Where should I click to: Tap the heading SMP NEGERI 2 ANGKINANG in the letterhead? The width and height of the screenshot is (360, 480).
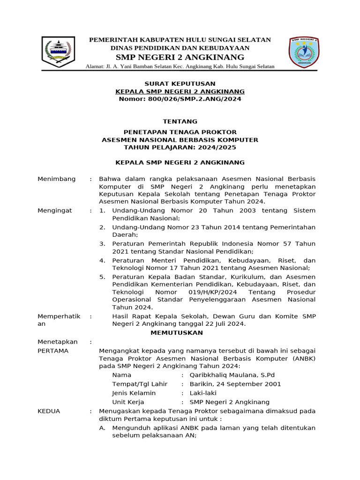tap(180, 58)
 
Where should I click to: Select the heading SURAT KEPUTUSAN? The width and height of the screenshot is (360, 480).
tap(180, 83)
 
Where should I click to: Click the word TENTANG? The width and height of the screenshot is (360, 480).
tap(180, 121)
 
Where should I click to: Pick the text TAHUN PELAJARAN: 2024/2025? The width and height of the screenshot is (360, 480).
tap(180, 147)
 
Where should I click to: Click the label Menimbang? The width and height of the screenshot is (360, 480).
tap(56, 179)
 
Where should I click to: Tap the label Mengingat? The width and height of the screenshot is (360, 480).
tap(55, 210)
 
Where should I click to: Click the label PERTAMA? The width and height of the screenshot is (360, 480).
tap(53, 351)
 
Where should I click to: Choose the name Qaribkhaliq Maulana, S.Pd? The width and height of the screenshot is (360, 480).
tap(232, 375)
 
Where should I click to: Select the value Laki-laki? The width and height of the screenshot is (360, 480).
tap(203, 393)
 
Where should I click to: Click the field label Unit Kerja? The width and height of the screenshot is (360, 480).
tap(128, 402)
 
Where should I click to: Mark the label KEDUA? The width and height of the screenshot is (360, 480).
tap(49, 411)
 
